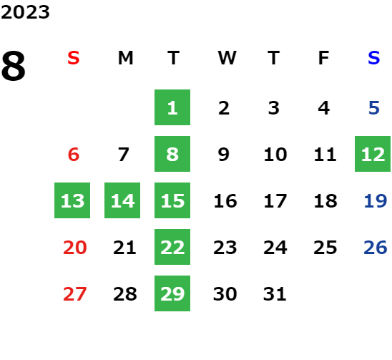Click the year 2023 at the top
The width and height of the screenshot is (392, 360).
[25, 12]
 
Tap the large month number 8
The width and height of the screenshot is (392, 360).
[14, 66]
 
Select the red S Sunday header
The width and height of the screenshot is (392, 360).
[74, 58]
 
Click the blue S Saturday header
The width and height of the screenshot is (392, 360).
[374, 58]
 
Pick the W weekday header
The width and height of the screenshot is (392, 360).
[227, 58]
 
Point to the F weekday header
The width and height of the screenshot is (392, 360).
[324, 58]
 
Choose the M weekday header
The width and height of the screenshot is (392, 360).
[125, 58]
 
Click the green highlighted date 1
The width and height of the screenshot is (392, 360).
[172, 107]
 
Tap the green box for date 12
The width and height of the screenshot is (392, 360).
[373, 154]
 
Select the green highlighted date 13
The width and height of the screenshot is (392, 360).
[72, 200]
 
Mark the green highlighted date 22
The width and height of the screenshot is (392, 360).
[172, 247]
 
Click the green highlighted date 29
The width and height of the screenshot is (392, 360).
[172, 293]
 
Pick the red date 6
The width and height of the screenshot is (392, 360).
[74, 154]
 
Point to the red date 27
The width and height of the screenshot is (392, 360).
[74, 293]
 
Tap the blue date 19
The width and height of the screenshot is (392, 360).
[376, 200]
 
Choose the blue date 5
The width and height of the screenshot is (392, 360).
[374, 108]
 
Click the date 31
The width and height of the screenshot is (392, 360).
[275, 293]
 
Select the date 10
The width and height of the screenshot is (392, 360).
[275, 154]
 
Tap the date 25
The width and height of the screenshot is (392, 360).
[325, 248]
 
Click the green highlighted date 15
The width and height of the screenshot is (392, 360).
[172, 200]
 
